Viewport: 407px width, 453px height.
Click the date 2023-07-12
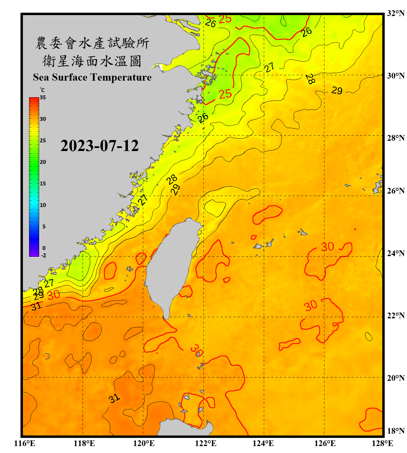click(99, 146)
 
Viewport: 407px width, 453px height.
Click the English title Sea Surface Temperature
click(92, 77)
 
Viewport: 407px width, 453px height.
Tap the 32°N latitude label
click(396, 13)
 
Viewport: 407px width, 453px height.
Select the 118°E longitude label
click(84, 443)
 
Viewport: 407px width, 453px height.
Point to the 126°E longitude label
click(325, 443)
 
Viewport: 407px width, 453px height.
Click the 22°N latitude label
click(396, 316)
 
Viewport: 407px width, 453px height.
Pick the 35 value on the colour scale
click(43, 98)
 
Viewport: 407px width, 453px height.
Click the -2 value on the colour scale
click(43, 255)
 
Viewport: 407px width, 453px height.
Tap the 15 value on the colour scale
click(43, 184)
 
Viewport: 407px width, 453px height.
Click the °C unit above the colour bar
click(42, 90)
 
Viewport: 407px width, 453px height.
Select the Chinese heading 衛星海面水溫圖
click(92, 61)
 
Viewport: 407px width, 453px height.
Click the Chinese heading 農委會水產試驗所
click(92, 43)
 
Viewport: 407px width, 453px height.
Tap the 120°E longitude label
click(144, 443)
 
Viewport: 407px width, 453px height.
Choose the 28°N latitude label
click(396, 138)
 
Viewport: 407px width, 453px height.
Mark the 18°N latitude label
click(396, 431)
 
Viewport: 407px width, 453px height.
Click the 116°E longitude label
click(24, 443)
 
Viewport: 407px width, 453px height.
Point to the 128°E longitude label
click(382, 443)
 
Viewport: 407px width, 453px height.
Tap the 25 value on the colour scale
click(43, 140)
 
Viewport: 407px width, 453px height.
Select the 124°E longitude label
click(263, 443)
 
